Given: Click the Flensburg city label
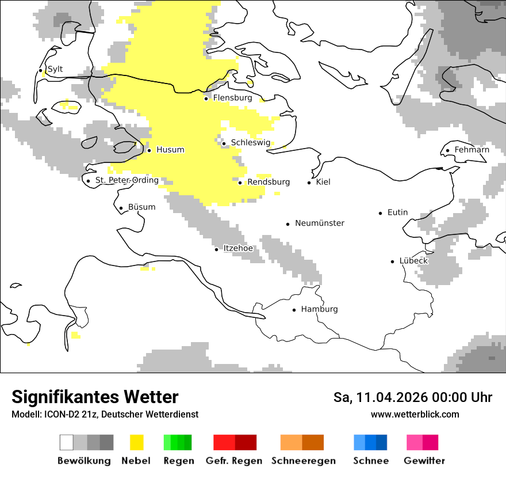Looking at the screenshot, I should pos(232,98).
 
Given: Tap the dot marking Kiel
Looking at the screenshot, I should pos(309,183).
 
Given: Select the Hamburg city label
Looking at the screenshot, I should pos(319,309).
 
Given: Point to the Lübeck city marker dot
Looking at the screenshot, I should pos(393,261).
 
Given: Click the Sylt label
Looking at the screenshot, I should pos(55,69).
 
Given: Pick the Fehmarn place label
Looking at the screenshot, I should pos(471,150).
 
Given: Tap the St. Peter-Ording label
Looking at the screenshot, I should pos(126,180).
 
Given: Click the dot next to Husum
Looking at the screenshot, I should pos(149,150).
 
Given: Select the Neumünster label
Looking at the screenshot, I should pos(320,223).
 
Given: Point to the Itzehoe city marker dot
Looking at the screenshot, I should pos(217,249).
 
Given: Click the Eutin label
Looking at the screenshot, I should pos(397,213).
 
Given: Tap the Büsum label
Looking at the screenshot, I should pos(141,207).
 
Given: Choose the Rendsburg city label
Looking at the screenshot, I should pos(268,182).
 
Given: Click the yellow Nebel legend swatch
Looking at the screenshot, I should pos(136,442).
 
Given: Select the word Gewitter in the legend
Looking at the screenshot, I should pos(424,461).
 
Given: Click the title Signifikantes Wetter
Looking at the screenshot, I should pos(95,397).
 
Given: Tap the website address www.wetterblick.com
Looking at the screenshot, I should pos(415,414).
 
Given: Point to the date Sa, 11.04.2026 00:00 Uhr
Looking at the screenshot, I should pos(412,397).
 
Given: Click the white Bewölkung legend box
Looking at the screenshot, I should pos(67,442).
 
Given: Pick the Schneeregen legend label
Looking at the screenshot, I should pos(303,461).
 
